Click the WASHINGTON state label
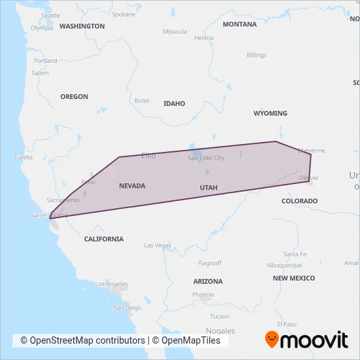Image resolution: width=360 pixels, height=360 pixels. [x=82, y=26]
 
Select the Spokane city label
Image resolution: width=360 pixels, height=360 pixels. [x=124, y=14]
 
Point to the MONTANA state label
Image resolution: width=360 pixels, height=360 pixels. [x=240, y=24]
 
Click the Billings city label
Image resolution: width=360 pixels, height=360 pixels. [x=257, y=55]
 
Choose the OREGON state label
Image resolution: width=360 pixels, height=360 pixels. [x=74, y=96]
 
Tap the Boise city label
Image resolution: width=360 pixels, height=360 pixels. [x=141, y=101]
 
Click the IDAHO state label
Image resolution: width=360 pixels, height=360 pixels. [x=174, y=103]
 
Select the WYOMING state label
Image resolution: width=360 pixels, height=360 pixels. [x=270, y=113]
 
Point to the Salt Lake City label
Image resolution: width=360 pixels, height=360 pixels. [x=206, y=158]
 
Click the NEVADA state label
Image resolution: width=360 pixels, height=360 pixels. [x=132, y=186]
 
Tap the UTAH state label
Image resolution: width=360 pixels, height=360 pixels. [x=208, y=188]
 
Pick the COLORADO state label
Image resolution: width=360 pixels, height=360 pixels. [x=299, y=201]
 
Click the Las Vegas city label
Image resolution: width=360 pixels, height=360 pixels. [x=157, y=245]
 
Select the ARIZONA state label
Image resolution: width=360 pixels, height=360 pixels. [x=207, y=281]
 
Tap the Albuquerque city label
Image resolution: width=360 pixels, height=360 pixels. [x=284, y=265]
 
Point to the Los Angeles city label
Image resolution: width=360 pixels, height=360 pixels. [x=111, y=284]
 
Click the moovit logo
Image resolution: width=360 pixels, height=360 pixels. [x=306, y=340]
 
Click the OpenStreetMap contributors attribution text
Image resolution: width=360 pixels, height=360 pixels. [x=82, y=340]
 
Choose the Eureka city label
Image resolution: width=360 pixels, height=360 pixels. [x=23, y=157]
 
